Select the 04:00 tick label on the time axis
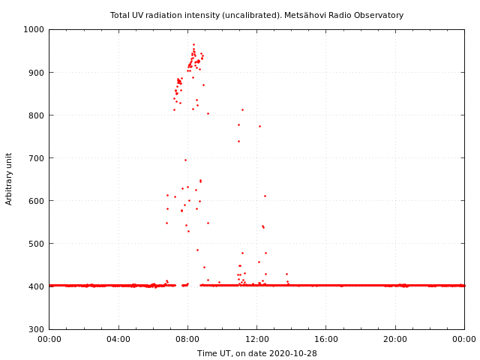(x=118, y=339)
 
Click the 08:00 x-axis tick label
(x=187, y=339)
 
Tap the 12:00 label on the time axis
(x=256, y=339)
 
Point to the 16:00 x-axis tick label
(x=326, y=339)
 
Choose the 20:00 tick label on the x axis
(x=395, y=339)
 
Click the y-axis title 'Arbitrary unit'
(x=10, y=178)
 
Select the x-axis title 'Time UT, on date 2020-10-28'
(x=256, y=353)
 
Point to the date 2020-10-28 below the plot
(x=292, y=353)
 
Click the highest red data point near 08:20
(x=193, y=44)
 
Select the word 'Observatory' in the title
(x=378, y=15)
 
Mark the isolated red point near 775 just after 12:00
(x=259, y=126)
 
